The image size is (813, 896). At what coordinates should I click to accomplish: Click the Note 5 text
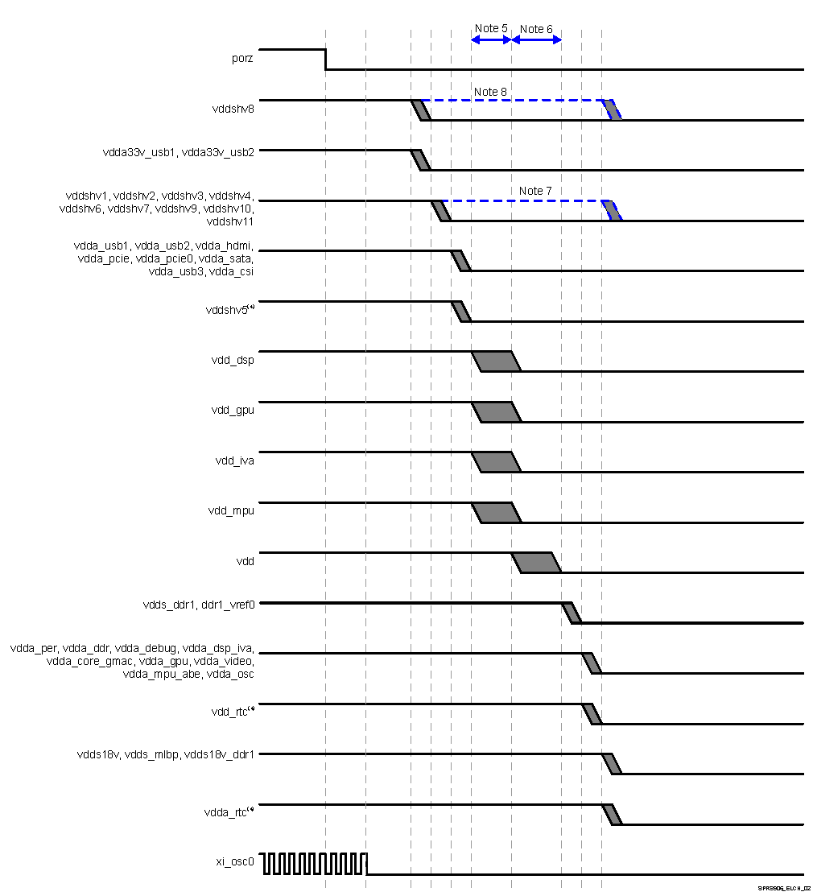point(491,28)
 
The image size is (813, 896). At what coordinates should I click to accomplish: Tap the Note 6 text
point(536,29)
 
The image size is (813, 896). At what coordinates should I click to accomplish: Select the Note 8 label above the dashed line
point(490,92)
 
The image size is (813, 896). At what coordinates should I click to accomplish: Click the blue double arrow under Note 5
point(491,39)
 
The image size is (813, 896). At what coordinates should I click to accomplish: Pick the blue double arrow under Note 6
point(536,39)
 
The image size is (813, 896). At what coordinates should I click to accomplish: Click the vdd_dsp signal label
point(233,360)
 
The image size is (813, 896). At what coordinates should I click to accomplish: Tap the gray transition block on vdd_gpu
point(496,411)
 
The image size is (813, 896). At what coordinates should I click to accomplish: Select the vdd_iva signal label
point(234,461)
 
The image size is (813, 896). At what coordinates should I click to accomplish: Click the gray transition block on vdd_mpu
point(496,512)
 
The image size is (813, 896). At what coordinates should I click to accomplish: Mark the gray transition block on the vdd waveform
point(536,563)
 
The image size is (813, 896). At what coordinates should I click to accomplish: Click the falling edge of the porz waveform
point(325,59)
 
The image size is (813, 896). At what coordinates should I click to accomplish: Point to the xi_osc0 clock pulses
point(314,864)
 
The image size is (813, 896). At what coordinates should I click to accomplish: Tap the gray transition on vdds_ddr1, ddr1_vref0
point(572,613)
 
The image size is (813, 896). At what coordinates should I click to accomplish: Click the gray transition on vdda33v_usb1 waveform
point(420,160)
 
